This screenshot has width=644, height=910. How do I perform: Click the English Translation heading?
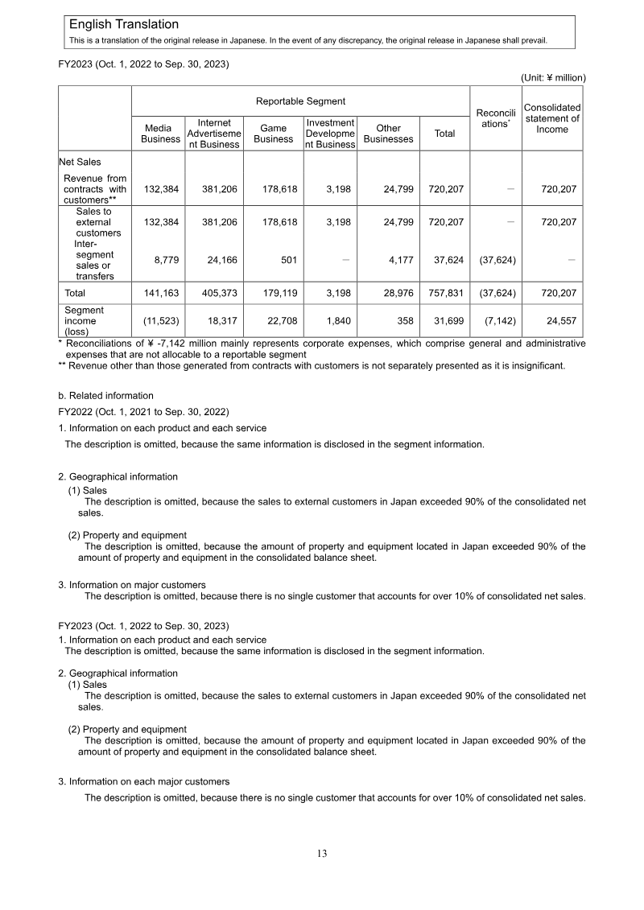pos(124,25)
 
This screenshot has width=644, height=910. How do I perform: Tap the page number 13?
pos(322,854)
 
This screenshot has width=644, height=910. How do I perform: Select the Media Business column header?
pos(160,134)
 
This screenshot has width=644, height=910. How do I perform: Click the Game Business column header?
pos(273,134)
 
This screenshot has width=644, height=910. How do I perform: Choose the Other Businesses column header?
pos(388,134)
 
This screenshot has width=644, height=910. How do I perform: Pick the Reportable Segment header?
pos(300,101)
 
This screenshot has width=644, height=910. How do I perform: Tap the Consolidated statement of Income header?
pos(552,118)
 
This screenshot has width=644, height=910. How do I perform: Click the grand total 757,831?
pos(444,294)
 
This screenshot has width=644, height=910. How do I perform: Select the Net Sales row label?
pos(80,162)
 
